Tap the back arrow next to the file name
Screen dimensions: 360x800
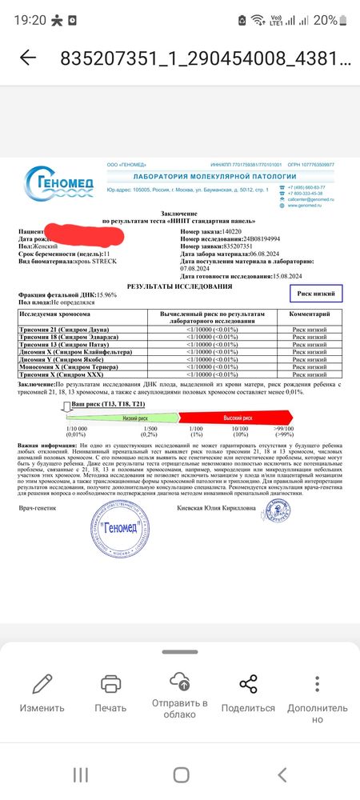pos(28,58)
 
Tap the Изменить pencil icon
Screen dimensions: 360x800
pos(42,685)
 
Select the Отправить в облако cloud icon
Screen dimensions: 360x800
pos(179,682)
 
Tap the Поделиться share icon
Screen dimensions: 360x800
pos(248,685)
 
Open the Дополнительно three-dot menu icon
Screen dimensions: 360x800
pos(318,685)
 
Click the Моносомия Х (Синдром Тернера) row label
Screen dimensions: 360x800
pos(64,366)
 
